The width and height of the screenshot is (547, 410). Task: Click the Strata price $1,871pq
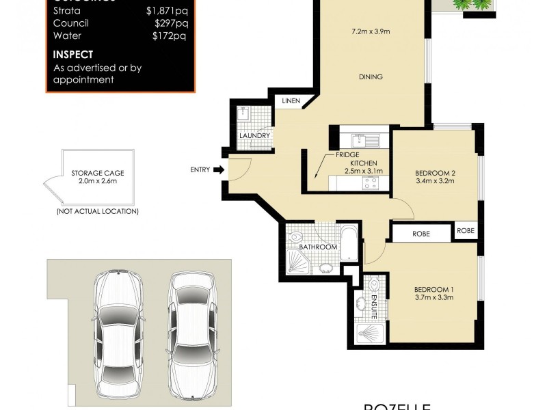[x=166, y=11]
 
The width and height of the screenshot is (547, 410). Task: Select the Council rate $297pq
[x=170, y=23]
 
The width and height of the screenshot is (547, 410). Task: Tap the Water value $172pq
[x=170, y=36]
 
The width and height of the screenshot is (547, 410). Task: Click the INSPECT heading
[x=73, y=55]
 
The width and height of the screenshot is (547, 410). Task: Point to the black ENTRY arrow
[x=219, y=169]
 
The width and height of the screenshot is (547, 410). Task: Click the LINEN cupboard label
[x=291, y=101]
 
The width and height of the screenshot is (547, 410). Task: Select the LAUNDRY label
[x=255, y=136]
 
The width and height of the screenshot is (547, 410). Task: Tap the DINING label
[x=371, y=77]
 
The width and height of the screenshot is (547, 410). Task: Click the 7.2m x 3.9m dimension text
[x=371, y=31]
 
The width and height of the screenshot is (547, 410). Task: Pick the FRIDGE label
[x=347, y=155]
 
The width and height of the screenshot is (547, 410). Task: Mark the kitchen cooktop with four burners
[x=371, y=182]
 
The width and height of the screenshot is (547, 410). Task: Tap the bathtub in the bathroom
[x=349, y=243]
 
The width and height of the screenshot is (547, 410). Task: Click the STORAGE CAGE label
[x=98, y=174]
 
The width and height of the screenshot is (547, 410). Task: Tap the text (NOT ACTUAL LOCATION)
[x=98, y=211]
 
